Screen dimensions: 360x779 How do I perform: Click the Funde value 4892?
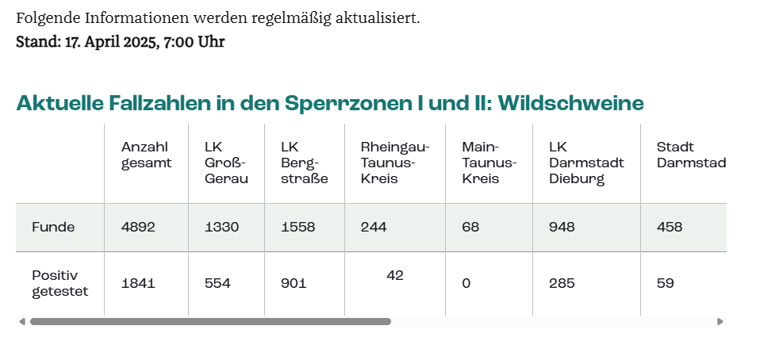coord(138,227)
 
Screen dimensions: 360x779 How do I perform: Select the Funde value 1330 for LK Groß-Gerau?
coord(221,227)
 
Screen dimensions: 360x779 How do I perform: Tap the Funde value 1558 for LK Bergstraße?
coord(298,227)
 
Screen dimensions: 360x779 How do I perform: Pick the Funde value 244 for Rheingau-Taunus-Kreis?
coord(374,227)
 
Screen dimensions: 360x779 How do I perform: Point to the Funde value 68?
coord(470,227)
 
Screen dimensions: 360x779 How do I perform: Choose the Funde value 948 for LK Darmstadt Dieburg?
coord(562,227)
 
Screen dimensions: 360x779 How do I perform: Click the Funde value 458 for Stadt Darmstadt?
coord(670,227)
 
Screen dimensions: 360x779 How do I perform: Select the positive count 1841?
coord(138,283)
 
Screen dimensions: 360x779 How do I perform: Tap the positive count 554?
coord(217,283)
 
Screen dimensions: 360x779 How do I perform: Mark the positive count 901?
coord(294,283)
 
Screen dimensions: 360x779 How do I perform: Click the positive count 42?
coord(395,275)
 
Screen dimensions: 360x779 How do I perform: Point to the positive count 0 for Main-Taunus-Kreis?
coord(466,283)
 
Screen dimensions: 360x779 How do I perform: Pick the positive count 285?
coord(562,283)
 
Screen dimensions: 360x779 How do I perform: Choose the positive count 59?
coord(666,283)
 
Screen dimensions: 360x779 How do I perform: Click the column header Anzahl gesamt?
coord(146,155)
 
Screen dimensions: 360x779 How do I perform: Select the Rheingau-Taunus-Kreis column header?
coord(394,163)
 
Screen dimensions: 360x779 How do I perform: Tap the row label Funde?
coord(53,227)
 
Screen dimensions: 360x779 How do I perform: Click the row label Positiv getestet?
coord(59,283)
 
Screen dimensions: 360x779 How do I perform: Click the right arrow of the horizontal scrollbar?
coord(720,321)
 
